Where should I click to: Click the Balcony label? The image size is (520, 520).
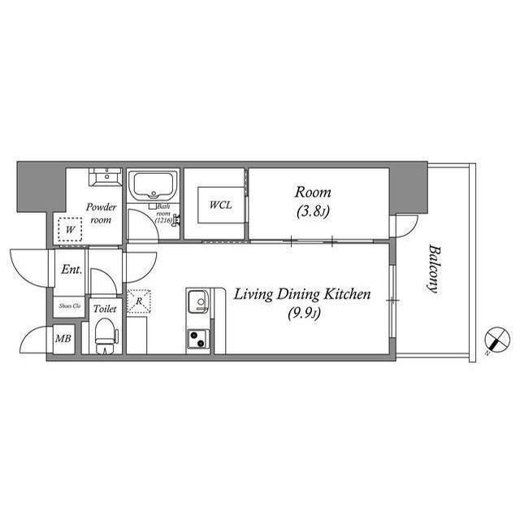coord(431,269)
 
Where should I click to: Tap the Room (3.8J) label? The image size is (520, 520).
coord(313,201)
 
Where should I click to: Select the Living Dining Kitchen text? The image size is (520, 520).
coord(302,294)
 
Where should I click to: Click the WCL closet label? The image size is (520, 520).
coord(220,205)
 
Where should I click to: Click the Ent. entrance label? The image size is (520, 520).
coord(71,270)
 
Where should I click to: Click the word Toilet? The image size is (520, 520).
coord(104,309)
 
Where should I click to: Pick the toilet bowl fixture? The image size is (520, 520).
coord(104,336)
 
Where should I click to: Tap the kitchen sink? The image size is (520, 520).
coord(199,304)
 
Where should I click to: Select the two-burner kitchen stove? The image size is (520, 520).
coord(199,339)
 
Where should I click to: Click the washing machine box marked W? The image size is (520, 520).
coord(71,231)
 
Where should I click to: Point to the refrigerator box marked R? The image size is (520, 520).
coord(138,301)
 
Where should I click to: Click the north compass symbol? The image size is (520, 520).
coord(492,341)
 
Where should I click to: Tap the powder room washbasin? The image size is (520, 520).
coord(105,177)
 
